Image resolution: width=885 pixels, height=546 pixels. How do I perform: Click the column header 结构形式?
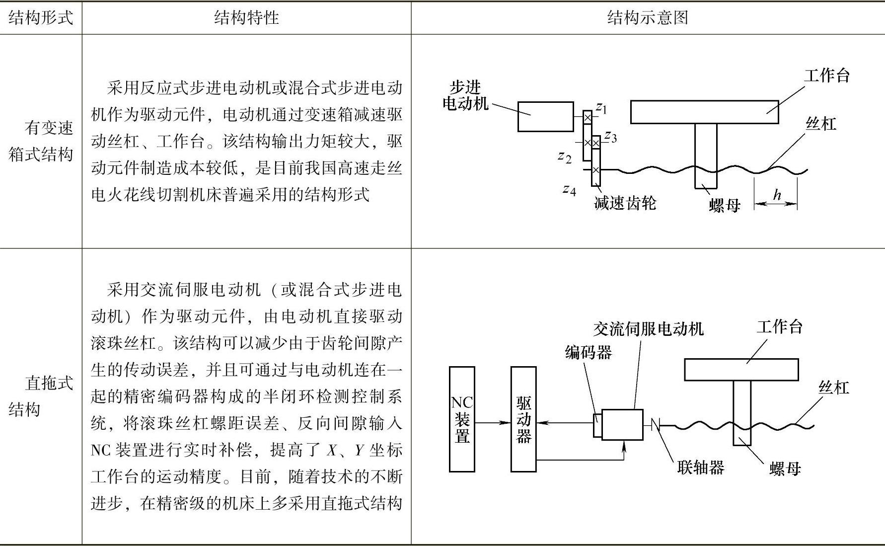click(41, 18)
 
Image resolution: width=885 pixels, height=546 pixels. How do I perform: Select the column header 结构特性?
click(246, 18)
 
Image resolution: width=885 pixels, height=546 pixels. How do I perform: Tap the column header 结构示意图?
click(648, 18)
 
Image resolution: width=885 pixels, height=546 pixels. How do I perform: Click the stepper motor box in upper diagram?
click(545, 117)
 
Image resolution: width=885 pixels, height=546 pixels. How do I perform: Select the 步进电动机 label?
click(465, 95)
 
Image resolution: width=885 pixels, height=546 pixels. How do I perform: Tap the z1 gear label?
click(601, 107)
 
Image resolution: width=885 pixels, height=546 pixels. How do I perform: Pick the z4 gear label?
click(569, 189)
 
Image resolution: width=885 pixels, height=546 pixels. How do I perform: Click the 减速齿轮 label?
click(625, 203)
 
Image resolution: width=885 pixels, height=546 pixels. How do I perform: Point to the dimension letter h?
click(777, 195)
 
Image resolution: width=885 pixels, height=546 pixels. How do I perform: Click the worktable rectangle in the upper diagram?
click(704, 112)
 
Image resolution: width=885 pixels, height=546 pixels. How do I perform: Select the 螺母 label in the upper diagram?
click(725, 205)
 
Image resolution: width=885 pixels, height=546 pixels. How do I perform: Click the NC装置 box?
click(462, 419)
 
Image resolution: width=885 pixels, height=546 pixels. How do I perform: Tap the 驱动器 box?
click(523, 419)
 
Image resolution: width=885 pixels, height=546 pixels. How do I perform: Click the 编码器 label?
click(589, 353)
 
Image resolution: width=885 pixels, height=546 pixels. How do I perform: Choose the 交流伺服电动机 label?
click(648, 329)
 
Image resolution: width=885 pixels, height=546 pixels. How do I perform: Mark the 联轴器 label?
click(700, 467)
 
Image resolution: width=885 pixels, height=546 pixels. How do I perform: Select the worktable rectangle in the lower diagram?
click(741, 370)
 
